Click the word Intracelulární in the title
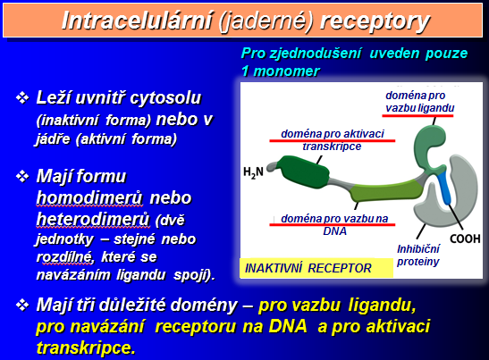click(x=137, y=21)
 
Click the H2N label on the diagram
click(x=253, y=172)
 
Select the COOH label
click(x=465, y=239)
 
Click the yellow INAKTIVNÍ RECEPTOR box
click(x=316, y=268)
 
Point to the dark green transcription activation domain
click(x=305, y=172)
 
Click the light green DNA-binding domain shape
click(x=386, y=191)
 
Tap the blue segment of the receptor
click(x=444, y=188)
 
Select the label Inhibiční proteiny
click(x=417, y=255)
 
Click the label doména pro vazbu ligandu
click(x=420, y=102)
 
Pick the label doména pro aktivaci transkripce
click(x=333, y=140)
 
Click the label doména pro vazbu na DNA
click(x=334, y=225)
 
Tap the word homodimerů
click(x=89, y=198)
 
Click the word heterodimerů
click(x=93, y=219)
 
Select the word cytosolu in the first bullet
click(x=165, y=98)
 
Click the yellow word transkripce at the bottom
click(x=86, y=347)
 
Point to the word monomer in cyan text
click(x=286, y=71)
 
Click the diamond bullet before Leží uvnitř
click(x=22, y=98)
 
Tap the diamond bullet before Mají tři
click(x=22, y=305)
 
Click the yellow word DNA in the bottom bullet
click(x=288, y=326)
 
